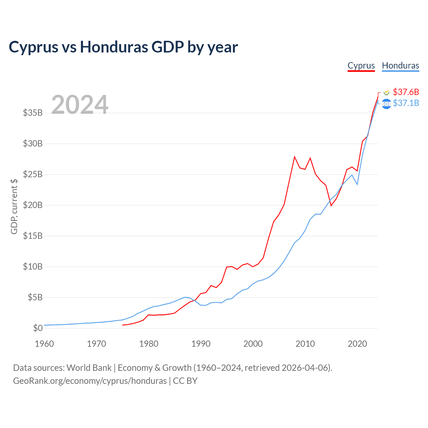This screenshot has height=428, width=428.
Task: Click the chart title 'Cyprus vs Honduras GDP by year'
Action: [x=123, y=47]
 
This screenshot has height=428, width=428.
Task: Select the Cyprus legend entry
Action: [x=361, y=66]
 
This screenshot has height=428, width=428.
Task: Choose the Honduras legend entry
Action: [x=401, y=66]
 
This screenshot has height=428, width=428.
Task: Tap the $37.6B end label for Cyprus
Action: [x=406, y=92]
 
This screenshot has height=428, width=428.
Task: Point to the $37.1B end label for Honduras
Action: [x=406, y=103]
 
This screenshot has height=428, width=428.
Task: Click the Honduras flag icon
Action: [x=387, y=104]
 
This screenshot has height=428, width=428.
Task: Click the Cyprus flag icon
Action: [x=387, y=92]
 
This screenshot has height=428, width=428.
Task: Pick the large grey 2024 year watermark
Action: [x=80, y=104]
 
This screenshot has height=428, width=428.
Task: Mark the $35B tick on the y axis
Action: [x=33, y=113]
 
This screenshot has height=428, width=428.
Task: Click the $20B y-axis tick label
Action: [x=33, y=205]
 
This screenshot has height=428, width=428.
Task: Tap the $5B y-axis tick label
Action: [x=35, y=297]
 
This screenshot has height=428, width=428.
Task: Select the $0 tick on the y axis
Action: [x=38, y=328]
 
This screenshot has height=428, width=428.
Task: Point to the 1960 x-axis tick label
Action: [x=44, y=344]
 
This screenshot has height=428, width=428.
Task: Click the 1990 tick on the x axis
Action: [x=201, y=344]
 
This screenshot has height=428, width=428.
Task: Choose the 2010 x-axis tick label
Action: [x=305, y=344]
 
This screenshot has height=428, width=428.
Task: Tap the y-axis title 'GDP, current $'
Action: [x=14, y=207]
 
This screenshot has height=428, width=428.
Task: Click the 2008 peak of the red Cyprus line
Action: [x=295, y=157]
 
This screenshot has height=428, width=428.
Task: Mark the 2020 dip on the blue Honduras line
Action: [x=357, y=184]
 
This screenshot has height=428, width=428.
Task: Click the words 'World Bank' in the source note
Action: [x=89, y=368]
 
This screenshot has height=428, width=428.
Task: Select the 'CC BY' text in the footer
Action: [x=185, y=381]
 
